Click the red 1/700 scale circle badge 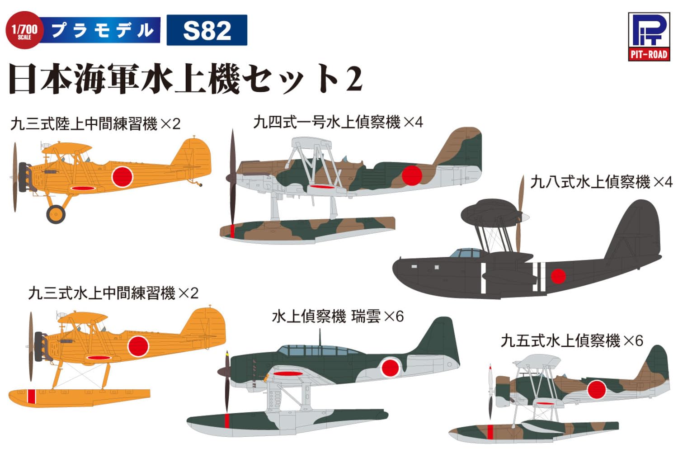(24, 30)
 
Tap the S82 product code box (207, 30)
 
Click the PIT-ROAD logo (648, 37)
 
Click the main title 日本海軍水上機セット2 (185, 79)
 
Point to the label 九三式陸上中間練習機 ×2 (95, 123)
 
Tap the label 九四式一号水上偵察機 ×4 (338, 122)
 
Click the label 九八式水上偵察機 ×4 (601, 182)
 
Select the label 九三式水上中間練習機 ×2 (113, 293)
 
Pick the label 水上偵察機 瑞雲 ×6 (337, 316)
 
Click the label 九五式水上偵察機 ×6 (571, 340)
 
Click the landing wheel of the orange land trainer (56, 214)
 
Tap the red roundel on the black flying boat (558, 276)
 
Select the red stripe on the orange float (31, 396)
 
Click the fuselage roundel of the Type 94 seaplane (411, 175)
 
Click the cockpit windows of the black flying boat (466, 253)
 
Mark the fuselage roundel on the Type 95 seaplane (596, 389)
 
